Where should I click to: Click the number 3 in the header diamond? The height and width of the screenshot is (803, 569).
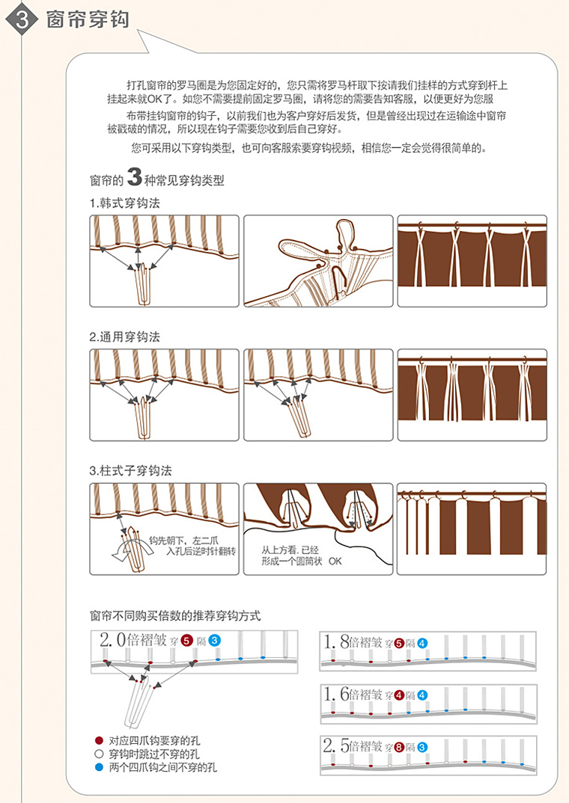click(x=22, y=19)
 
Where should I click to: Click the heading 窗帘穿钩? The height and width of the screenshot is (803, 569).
click(x=88, y=19)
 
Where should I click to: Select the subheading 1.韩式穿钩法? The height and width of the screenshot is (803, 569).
click(x=124, y=203)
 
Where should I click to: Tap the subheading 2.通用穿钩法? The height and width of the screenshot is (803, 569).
click(x=124, y=337)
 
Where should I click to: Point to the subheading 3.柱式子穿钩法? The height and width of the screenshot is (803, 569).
click(x=130, y=470)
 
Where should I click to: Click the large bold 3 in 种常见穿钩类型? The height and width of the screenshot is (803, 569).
click(x=134, y=177)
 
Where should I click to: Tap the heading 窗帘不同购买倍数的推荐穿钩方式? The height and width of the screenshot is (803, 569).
click(x=175, y=615)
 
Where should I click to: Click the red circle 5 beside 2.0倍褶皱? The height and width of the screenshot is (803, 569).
click(x=186, y=641)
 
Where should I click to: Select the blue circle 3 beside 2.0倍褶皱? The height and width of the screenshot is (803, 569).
click(x=214, y=641)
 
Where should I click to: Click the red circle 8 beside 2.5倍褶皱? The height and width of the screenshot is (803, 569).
click(x=399, y=747)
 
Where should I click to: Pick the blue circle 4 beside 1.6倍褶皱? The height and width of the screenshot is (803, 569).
click(x=422, y=695)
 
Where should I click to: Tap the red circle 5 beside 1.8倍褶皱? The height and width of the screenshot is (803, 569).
click(x=399, y=643)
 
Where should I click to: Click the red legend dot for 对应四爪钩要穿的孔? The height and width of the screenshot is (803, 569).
click(x=99, y=740)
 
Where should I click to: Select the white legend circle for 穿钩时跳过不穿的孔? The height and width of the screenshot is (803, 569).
click(x=99, y=754)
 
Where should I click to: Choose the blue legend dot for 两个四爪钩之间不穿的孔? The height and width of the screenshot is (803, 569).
click(x=99, y=767)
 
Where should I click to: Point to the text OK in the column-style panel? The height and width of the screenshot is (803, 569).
click(x=335, y=562)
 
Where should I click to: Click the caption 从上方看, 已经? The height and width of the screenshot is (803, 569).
click(x=290, y=550)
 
